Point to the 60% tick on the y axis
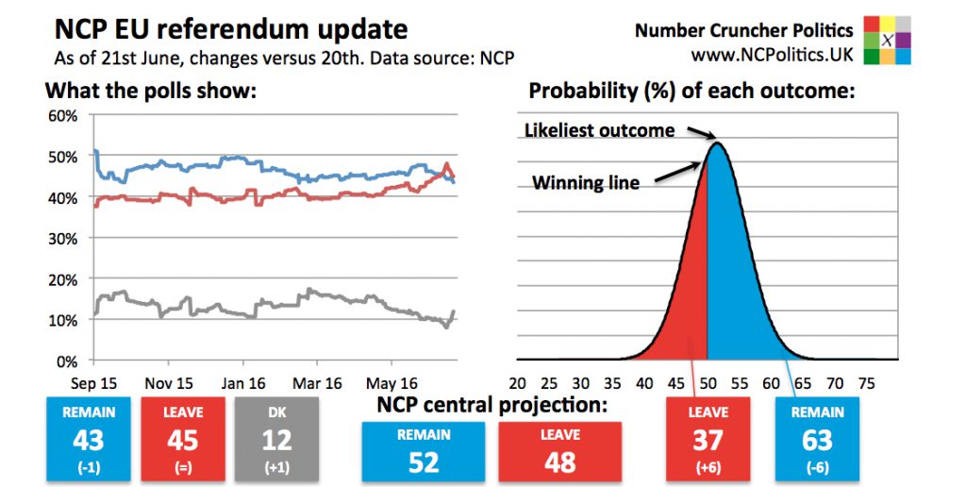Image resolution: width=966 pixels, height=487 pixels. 64,116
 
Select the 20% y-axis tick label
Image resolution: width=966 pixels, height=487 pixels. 64,279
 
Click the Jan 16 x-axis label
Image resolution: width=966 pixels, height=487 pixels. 243,383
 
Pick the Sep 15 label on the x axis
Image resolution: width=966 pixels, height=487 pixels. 94,383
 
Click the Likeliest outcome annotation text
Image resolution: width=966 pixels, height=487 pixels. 599,130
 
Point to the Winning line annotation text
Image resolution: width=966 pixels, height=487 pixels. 586,183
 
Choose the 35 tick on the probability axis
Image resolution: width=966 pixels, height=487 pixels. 613,383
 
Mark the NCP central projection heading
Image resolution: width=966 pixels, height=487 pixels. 491,405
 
